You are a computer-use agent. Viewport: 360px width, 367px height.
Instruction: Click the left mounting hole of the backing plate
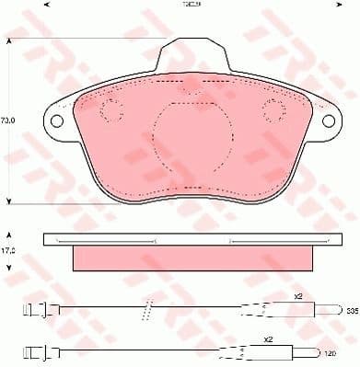tap(57, 120)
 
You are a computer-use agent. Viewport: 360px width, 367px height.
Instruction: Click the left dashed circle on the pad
tap(110, 111)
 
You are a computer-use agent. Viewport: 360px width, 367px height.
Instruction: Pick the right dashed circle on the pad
tap(273, 111)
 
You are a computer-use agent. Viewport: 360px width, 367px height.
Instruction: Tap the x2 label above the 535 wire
tap(298, 298)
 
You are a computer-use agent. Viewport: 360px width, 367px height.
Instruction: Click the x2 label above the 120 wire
tap(267, 339)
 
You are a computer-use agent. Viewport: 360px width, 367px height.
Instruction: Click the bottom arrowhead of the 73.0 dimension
tap(10, 199)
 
